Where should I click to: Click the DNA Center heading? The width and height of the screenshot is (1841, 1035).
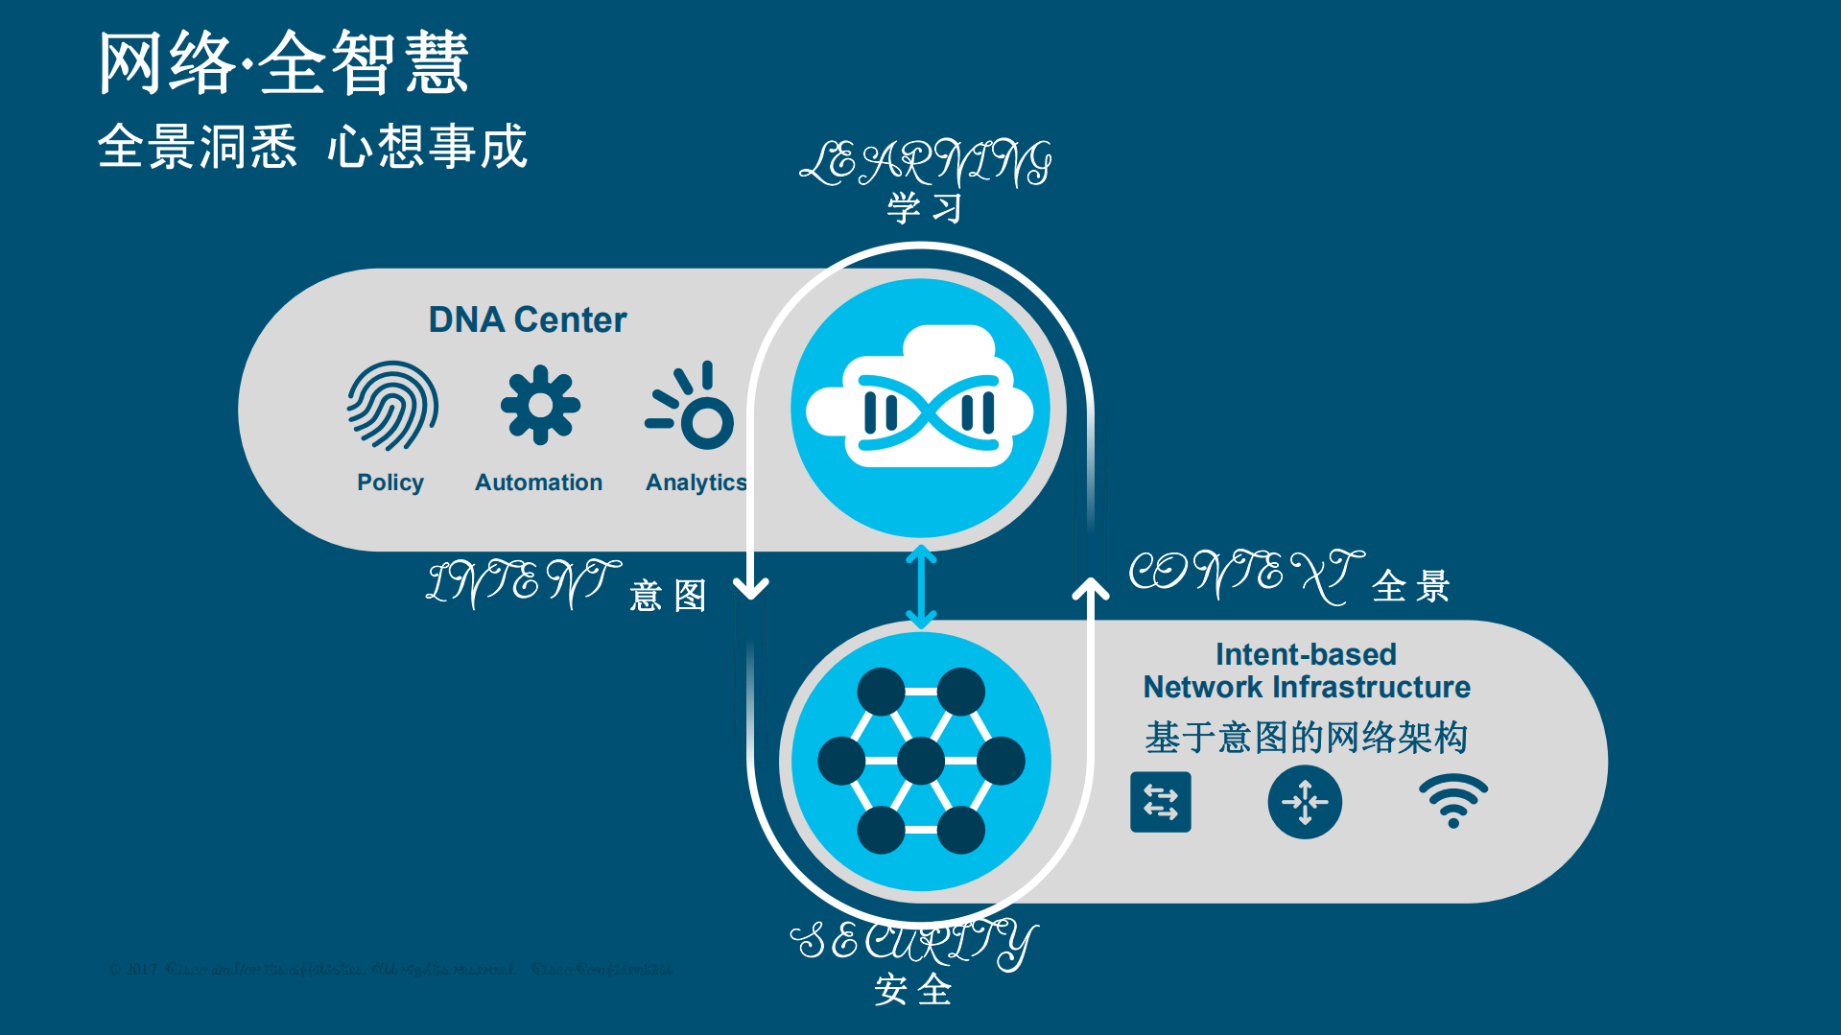click(x=527, y=319)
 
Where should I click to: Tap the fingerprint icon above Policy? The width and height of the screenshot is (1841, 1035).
click(x=392, y=406)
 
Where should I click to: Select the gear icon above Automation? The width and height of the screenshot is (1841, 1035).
click(x=540, y=405)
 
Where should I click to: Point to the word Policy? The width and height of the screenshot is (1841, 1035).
click(x=389, y=482)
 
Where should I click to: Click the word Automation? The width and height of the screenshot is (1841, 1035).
click(x=538, y=482)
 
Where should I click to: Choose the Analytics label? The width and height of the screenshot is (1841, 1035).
click(x=696, y=482)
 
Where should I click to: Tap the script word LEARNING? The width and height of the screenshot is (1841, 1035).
click(x=925, y=163)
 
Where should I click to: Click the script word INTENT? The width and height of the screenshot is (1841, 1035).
click(x=523, y=581)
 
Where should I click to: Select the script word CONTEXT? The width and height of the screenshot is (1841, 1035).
click(x=1245, y=574)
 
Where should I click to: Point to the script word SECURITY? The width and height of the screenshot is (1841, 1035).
click(x=913, y=942)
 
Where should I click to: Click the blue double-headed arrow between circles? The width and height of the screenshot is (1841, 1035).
click(x=921, y=586)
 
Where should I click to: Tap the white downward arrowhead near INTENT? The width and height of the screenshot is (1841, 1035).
click(x=751, y=586)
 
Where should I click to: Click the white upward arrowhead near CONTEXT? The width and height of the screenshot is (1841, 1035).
click(x=1091, y=588)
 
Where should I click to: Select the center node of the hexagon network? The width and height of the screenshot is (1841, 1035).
click(x=921, y=761)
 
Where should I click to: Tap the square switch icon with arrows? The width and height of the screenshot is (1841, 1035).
click(x=1160, y=802)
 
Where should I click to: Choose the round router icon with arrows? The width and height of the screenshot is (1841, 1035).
click(x=1305, y=802)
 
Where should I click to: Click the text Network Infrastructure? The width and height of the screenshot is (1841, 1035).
click(x=1306, y=688)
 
